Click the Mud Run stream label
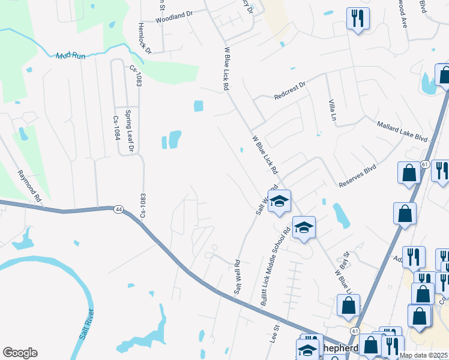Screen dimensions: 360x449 point(71,56)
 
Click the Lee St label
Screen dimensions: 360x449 point(277,334)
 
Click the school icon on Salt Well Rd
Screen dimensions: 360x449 point(279,201)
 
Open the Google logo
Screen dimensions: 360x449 point(20,352)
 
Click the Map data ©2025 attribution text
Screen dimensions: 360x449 point(423,355)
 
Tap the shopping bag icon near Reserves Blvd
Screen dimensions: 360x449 point(409,172)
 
